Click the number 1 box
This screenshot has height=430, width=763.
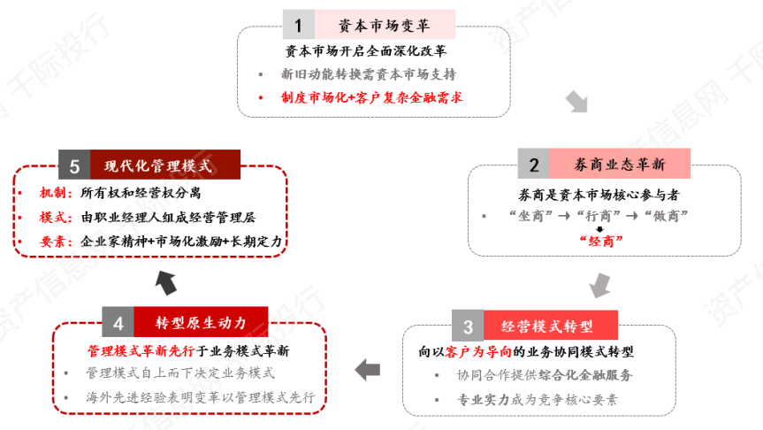click(298, 25)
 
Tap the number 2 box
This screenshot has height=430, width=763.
click(534, 164)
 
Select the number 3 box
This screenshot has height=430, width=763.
click(468, 326)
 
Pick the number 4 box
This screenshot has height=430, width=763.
click(118, 322)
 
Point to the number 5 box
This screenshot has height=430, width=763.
click(74, 165)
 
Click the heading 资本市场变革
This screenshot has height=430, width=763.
click(385, 25)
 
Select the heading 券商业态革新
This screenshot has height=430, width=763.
click(620, 164)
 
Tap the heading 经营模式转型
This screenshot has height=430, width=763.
click(547, 326)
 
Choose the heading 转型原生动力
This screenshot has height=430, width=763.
click(201, 322)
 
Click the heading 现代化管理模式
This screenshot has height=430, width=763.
click(158, 165)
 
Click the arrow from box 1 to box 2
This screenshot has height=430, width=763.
click(577, 102)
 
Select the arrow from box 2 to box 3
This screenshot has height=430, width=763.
click(600, 286)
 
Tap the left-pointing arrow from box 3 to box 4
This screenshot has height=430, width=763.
click(368, 370)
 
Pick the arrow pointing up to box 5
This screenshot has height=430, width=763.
click(166, 283)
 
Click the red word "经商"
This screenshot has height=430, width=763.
click(601, 241)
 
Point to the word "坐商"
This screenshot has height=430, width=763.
click(530, 216)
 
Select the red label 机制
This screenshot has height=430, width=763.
click(52, 193)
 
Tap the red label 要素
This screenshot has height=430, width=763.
click(52, 242)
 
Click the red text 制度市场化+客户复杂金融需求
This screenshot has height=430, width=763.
click(371, 98)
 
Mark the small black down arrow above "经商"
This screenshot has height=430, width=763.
click(599, 229)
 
